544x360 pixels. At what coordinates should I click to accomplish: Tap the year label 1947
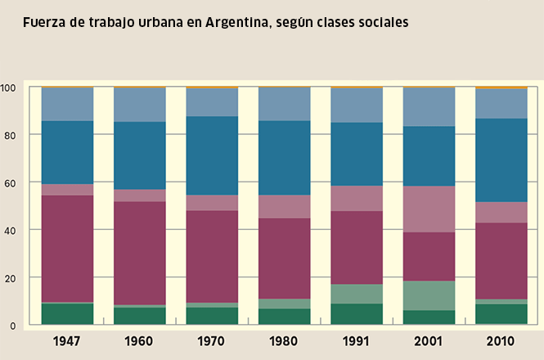point(67,340)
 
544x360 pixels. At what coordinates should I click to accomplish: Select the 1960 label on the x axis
point(140,340)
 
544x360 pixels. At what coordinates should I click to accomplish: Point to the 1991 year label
point(357,340)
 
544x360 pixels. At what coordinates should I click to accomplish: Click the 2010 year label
point(501,340)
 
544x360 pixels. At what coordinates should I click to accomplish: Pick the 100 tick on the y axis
point(9,87)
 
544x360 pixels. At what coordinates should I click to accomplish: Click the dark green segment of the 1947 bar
point(67,314)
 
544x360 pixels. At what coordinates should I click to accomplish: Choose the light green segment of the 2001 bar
point(429,295)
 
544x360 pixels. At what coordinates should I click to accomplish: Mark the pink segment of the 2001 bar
point(429,209)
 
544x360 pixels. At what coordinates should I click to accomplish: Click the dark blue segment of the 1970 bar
point(212,155)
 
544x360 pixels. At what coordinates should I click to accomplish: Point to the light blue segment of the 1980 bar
point(285,104)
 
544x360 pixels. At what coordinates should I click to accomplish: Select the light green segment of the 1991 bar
point(357,294)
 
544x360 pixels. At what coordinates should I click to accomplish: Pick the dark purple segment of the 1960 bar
point(140,253)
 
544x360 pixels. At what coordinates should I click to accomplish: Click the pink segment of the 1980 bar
point(285,206)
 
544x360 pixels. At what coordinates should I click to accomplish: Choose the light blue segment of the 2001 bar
point(429,107)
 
